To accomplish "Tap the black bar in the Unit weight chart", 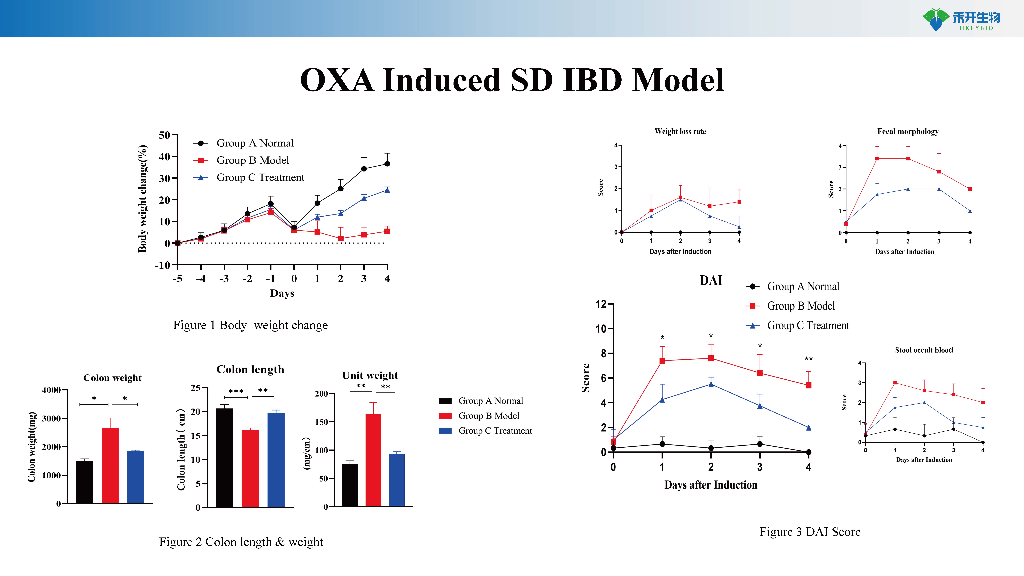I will [350, 485].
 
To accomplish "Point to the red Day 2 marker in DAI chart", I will [711, 358].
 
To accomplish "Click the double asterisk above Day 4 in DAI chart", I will [808, 359].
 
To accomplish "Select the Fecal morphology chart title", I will [908, 132].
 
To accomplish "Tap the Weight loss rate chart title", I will [680, 132].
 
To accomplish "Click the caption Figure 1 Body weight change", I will [250, 325].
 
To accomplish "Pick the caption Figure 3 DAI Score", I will [810, 532].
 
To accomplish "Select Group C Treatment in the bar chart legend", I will [495, 431].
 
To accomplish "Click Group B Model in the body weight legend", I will [252, 160].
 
